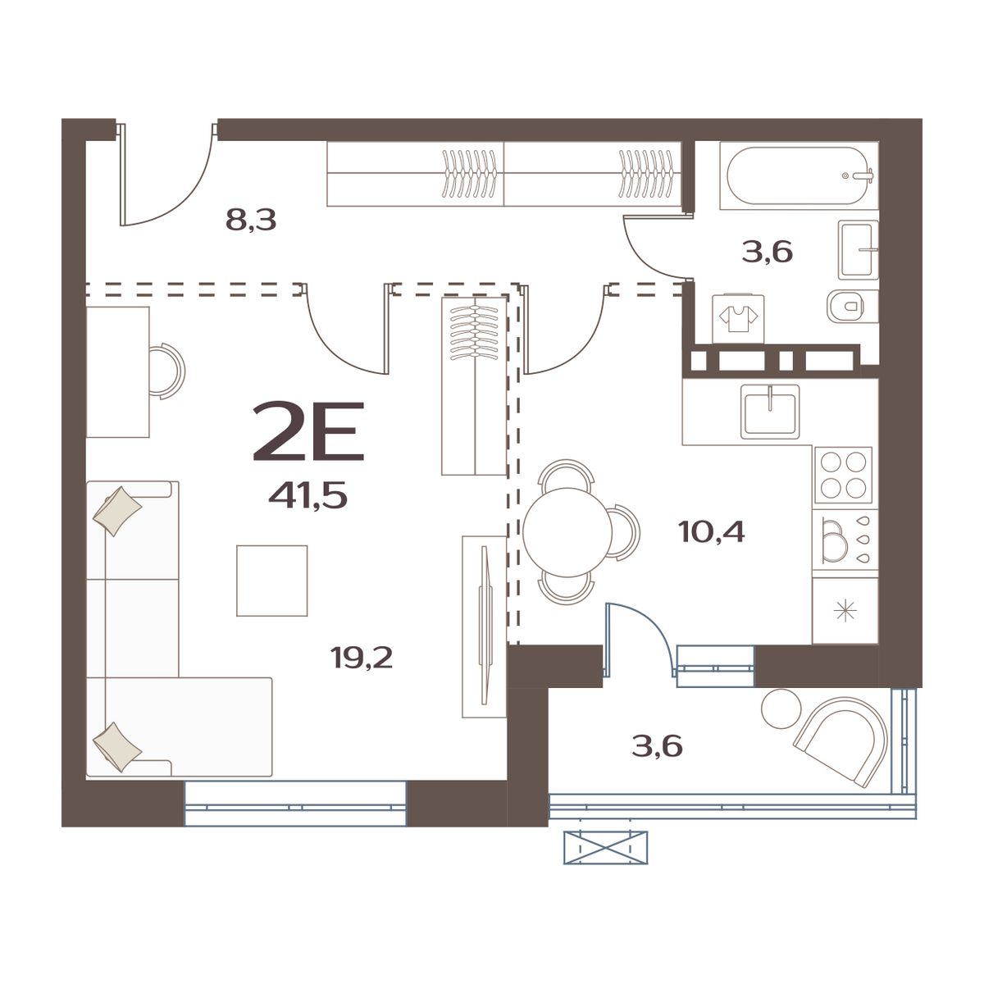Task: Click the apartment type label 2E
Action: (308, 431)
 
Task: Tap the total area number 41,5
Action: (308, 495)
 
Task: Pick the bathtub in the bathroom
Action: (798, 175)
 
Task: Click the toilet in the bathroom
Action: (849, 307)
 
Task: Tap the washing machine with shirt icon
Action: (739, 318)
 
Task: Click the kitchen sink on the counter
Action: (771, 411)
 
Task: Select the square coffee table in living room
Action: (272, 580)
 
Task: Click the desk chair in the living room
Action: (168, 370)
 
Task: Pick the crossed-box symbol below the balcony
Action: (605, 847)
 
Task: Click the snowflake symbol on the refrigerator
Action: (844, 611)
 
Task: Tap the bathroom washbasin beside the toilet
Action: (859, 248)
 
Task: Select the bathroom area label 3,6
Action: (767, 252)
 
